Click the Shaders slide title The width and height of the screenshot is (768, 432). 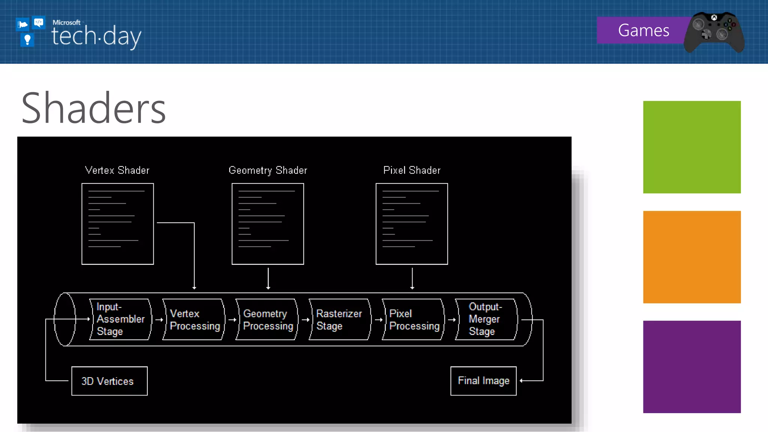[x=94, y=108]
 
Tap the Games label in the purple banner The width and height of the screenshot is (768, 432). [x=643, y=30]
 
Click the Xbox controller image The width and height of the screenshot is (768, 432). [x=714, y=32]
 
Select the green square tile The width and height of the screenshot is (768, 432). [x=692, y=147]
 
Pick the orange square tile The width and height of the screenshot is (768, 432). [x=692, y=257]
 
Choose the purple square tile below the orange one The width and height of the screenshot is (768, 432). [x=692, y=367]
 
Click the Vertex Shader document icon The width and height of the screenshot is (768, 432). [x=118, y=224]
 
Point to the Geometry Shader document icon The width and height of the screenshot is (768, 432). [x=268, y=224]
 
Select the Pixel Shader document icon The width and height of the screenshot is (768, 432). [x=412, y=224]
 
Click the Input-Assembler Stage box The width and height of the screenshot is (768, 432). [x=120, y=319]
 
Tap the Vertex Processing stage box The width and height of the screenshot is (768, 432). [x=194, y=319]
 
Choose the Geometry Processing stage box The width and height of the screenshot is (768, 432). [x=267, y=319]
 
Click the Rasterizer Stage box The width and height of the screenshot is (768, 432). [x=340, y=319]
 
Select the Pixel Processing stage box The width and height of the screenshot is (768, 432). [x=413, y=319]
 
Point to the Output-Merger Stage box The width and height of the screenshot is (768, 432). [x=486, y=319]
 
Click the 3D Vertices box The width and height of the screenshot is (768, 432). [x=109, y=381]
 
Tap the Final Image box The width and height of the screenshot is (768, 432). [x=483, y=381]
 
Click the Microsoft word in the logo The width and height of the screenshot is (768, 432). [x=66, y=22]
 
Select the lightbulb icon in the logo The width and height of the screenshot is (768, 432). [x=27, y=39]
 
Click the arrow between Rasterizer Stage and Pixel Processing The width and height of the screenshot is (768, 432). [x=379, y=320]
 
